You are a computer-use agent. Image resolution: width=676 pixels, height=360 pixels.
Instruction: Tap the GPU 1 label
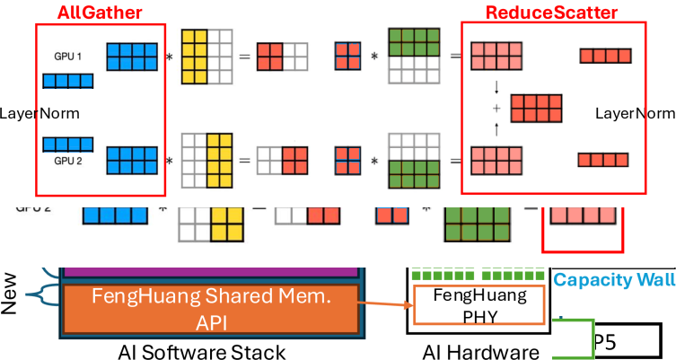pos(67,56)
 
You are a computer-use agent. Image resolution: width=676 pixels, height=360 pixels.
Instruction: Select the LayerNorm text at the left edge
pos(40,113)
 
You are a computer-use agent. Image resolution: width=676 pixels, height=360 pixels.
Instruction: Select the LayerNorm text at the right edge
pos(635,113)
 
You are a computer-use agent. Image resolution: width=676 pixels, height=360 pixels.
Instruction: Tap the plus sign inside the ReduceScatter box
pos(496,108)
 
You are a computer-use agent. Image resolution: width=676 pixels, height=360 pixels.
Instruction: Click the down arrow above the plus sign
pos(496,88)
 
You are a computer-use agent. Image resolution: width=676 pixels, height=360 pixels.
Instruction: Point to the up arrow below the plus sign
pos(496,128)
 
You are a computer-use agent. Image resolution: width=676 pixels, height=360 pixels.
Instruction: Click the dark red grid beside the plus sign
pos(536,108)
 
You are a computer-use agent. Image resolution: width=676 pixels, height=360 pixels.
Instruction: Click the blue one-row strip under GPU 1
pos(69,82)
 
